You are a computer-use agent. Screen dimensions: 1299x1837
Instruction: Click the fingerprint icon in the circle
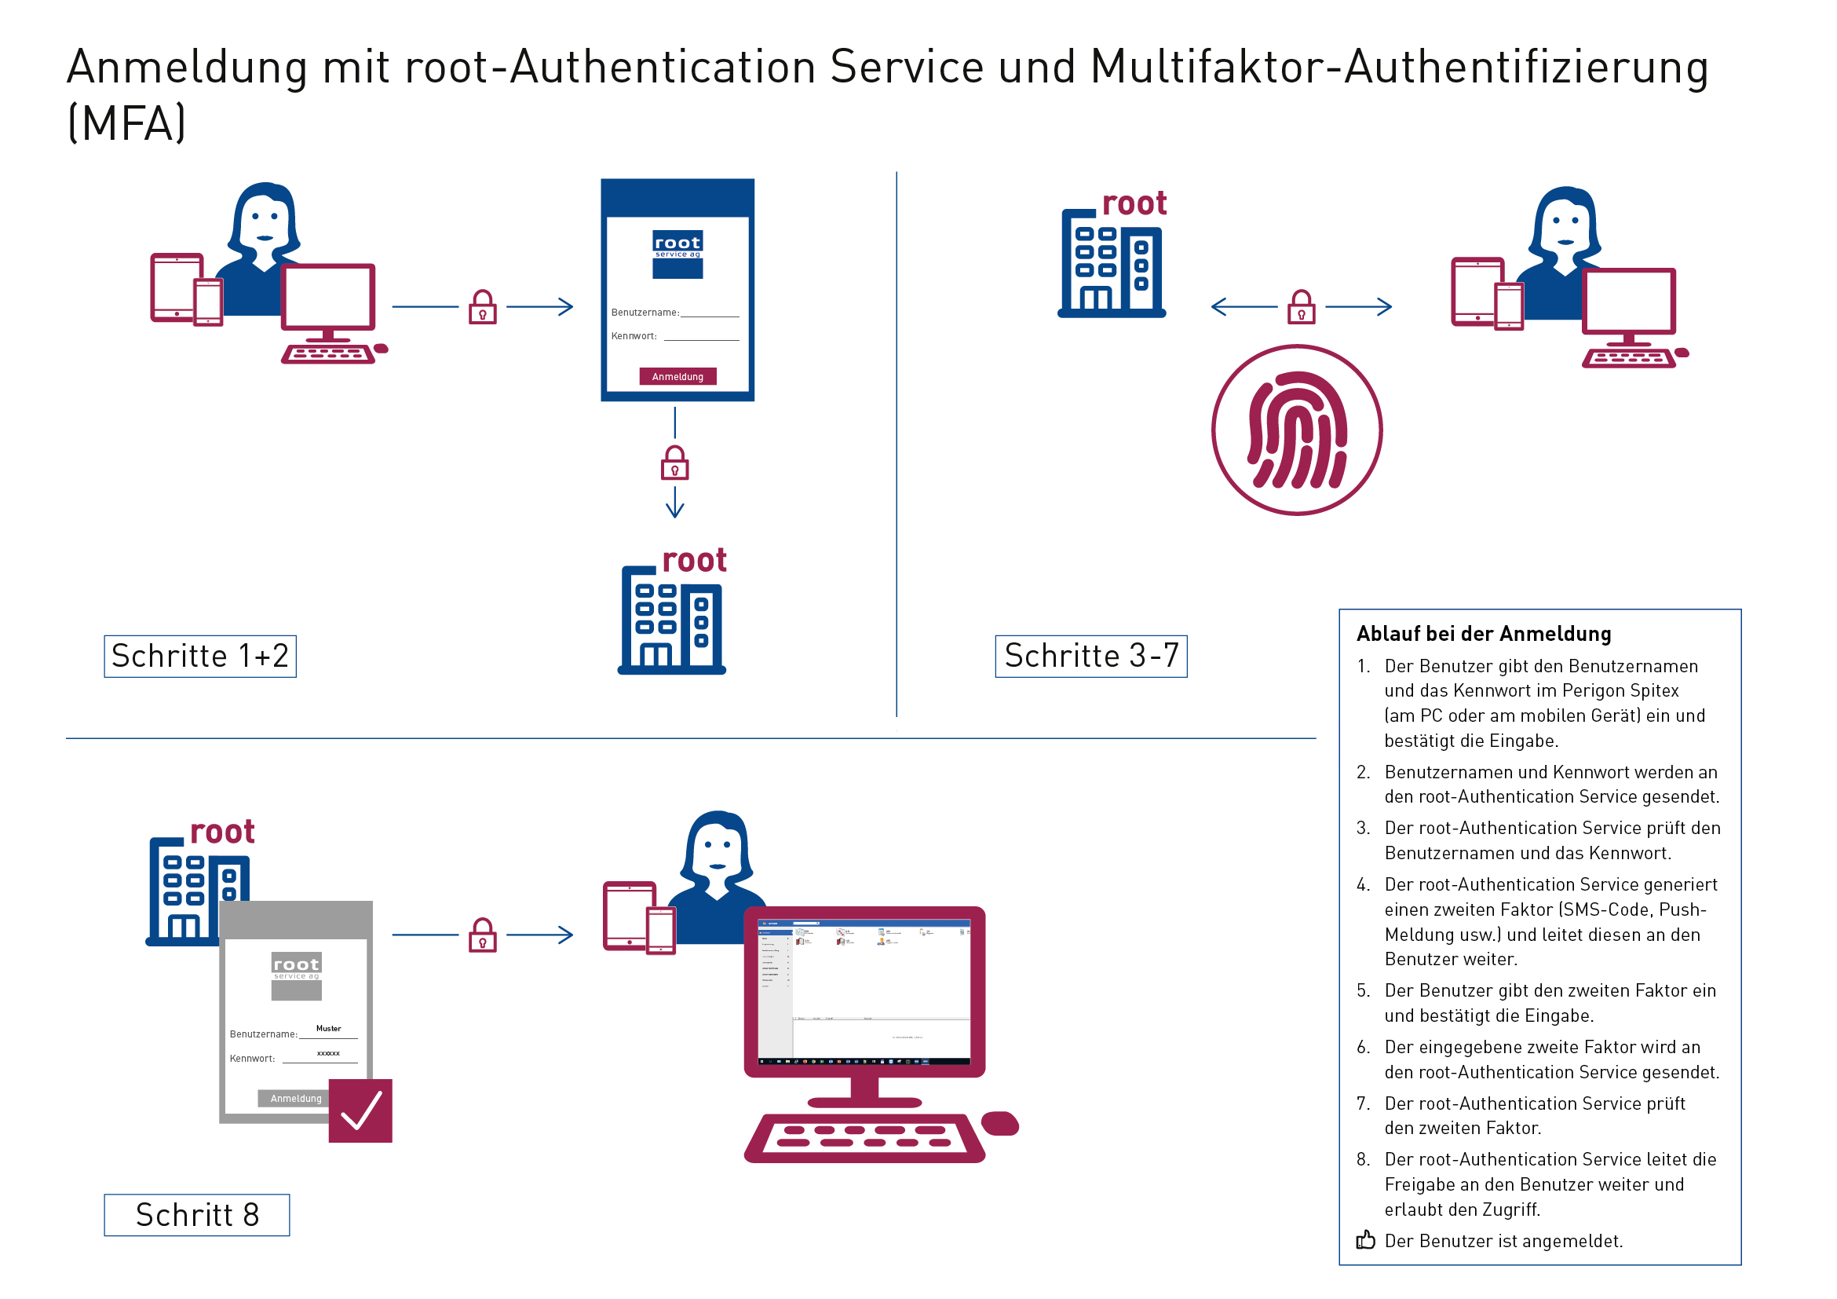1297,430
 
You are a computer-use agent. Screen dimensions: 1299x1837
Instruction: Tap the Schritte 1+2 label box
200,657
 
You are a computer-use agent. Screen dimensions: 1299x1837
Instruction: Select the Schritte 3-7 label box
1090,657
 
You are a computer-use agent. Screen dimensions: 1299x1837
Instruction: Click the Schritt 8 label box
197,1215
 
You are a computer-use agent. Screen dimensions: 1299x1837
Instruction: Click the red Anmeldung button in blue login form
677,376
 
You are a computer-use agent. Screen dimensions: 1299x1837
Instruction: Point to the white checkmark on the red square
360,1111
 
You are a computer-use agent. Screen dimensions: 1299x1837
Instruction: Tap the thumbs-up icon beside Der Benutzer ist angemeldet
1365,1240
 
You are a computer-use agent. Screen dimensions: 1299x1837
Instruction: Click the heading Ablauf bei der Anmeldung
1484,634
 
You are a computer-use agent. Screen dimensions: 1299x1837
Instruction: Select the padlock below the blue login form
674,463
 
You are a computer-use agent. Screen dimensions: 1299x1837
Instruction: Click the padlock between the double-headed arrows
1301,306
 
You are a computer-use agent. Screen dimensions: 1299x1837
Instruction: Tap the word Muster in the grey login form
328,1029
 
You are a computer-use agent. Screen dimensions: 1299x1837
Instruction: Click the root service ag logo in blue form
677,254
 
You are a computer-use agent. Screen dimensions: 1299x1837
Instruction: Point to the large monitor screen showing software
864,993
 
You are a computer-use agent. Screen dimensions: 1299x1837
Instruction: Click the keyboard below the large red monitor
864,1137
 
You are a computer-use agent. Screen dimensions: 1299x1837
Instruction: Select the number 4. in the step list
1364,884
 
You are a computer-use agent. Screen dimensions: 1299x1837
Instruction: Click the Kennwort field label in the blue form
634,336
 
